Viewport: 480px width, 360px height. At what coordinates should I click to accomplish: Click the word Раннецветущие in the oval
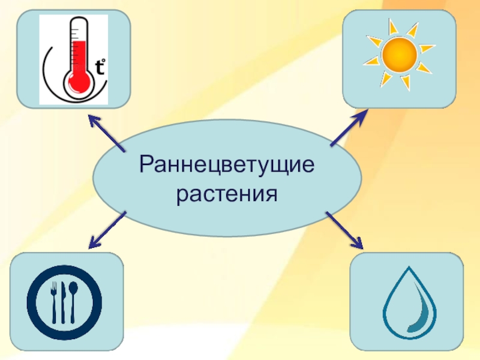(227, 165)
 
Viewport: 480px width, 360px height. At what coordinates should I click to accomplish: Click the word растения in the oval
(227, 194)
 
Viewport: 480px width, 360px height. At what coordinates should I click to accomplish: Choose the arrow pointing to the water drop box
(345, 230)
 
